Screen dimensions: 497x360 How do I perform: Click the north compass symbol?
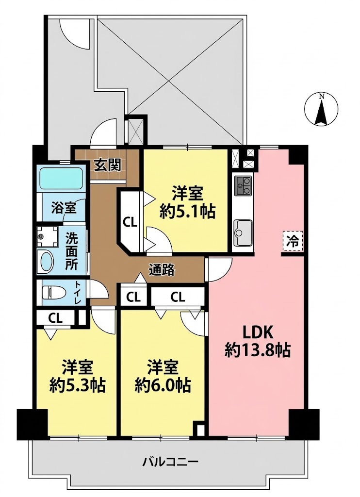tap(321, 109)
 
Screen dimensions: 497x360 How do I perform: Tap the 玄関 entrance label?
tap(107, 166)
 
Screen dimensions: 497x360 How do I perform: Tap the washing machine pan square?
tap(47, 237)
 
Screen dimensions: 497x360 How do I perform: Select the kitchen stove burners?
tap(243, 185)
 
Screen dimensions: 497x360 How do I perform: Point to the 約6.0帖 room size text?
tap(163, 385)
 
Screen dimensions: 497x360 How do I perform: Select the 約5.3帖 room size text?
tap(78, 385)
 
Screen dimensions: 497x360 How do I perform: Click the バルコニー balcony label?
tap(170, 462)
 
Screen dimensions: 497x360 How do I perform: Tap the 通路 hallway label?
tap(162, 270)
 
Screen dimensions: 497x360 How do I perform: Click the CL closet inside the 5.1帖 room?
tap(129, 222)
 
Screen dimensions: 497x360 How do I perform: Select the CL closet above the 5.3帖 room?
tap(55, 318)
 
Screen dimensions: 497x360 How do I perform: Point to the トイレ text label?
tap(78, 292)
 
